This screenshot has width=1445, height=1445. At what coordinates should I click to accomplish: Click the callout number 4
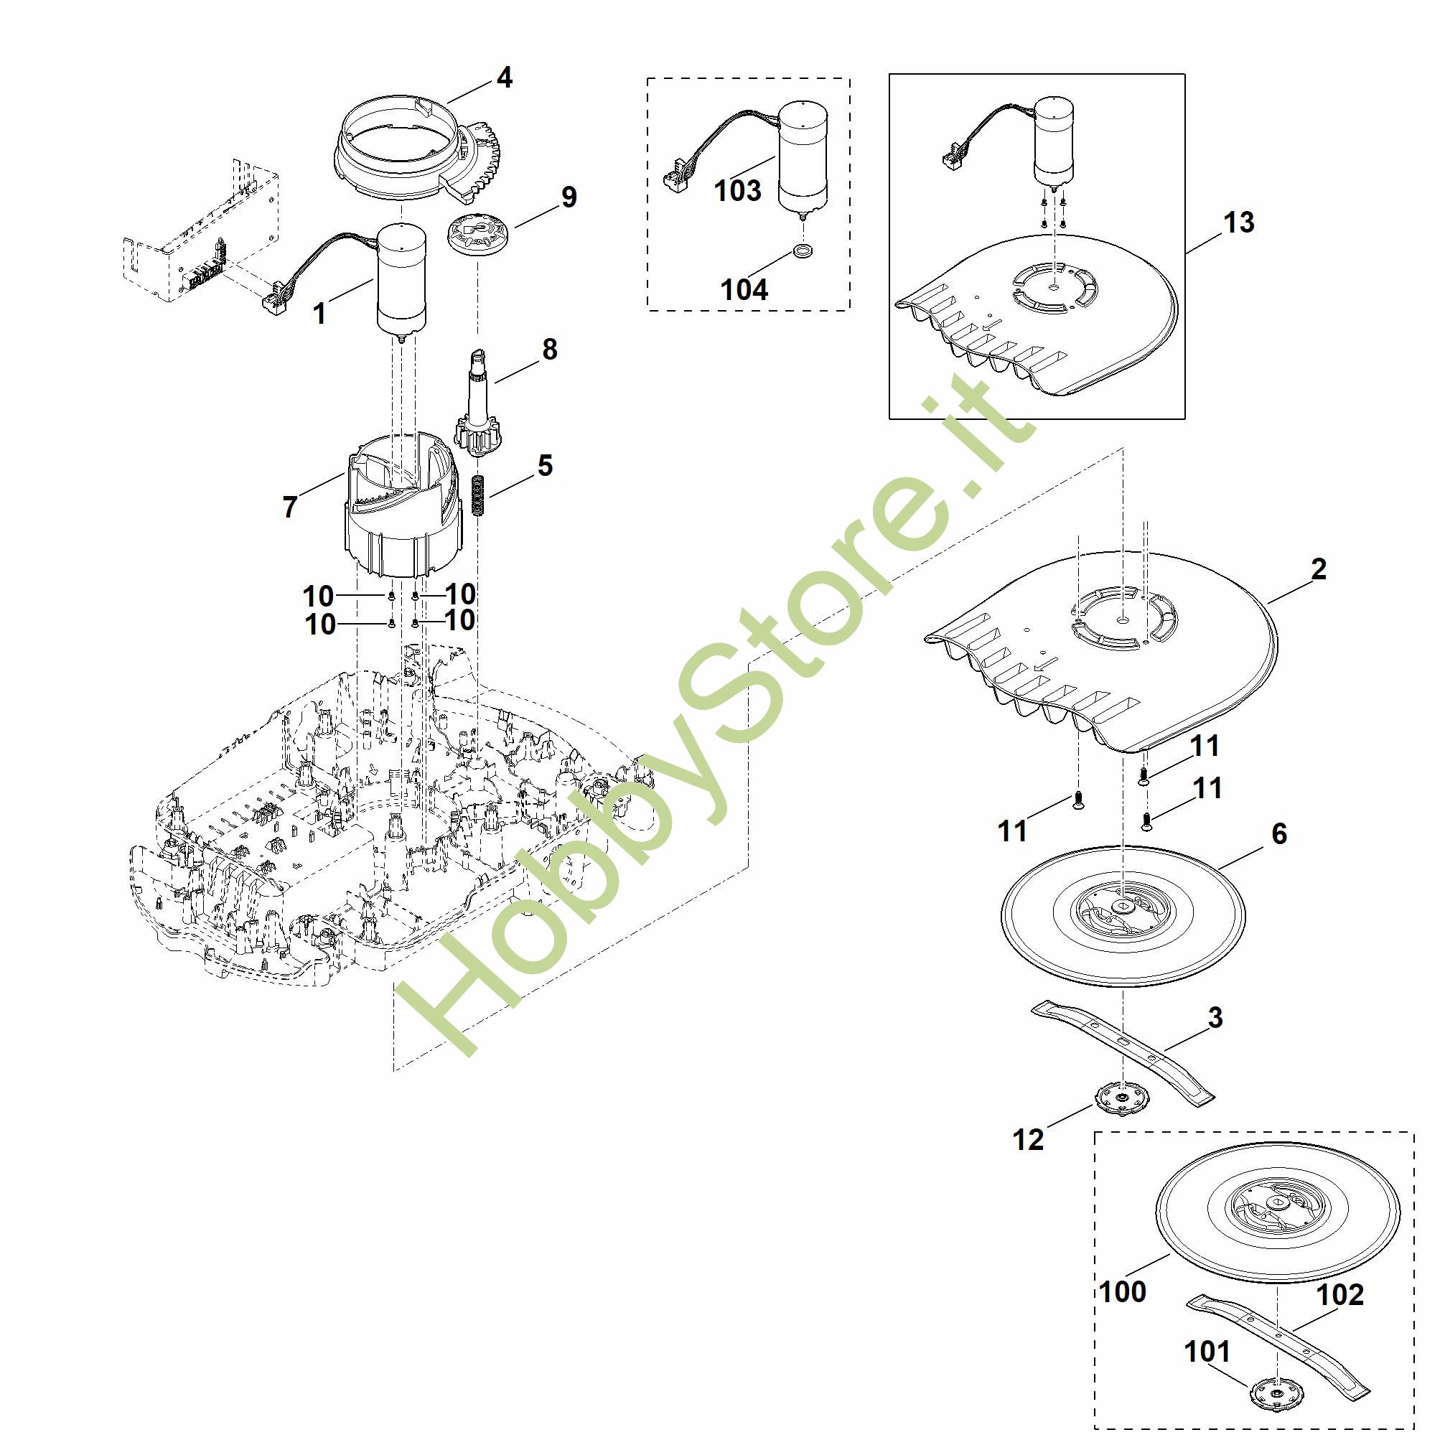505,78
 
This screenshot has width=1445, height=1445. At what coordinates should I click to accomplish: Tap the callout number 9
569,197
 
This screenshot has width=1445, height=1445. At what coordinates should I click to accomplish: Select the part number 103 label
737,191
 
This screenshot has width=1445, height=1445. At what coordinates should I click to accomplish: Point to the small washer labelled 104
804,249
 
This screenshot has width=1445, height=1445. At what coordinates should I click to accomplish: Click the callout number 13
1238,222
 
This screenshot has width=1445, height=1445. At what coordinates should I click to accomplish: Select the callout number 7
290,507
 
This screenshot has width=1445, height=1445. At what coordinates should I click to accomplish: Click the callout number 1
319,314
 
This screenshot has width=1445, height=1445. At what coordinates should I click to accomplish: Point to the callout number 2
1319,569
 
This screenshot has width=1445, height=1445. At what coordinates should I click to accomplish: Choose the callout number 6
1279,833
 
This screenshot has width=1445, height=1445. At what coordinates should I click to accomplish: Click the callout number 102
1340,1295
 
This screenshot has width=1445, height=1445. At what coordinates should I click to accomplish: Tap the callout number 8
550,349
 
